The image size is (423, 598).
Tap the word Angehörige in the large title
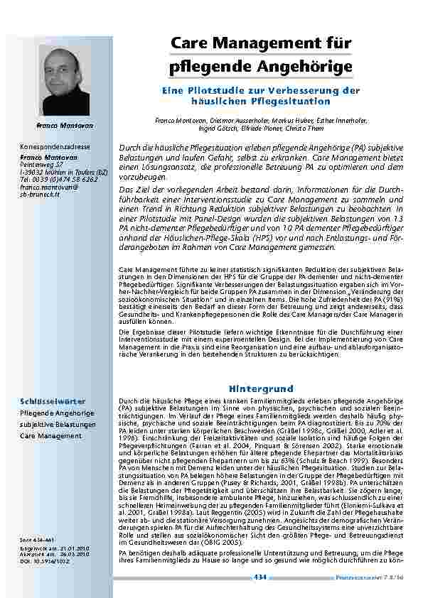(309, 67)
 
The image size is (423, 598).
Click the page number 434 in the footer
(260, 580)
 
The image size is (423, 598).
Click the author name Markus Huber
(282, 121)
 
